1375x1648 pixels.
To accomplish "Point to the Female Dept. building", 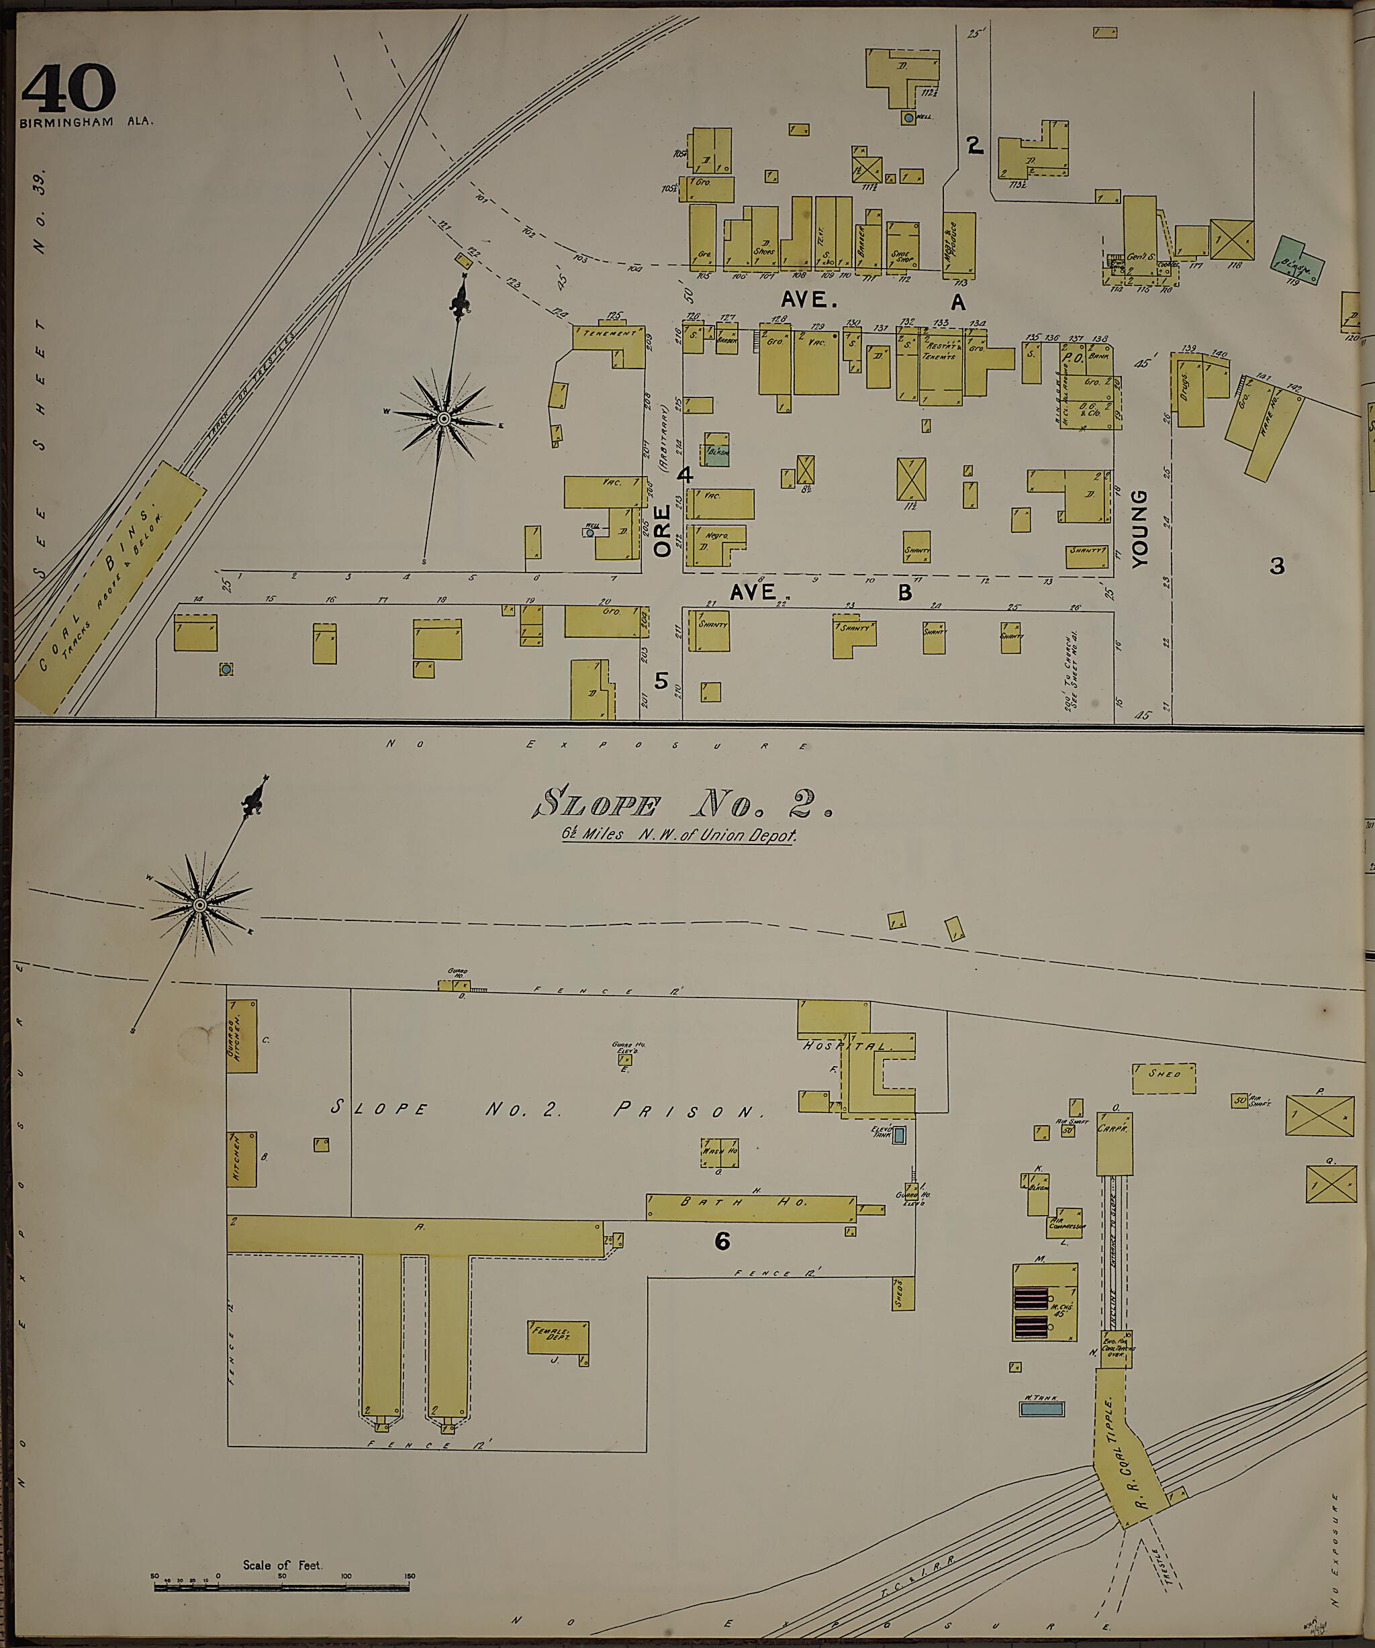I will tap(558, 1337).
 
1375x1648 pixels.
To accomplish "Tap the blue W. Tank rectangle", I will tap(1041, 1408).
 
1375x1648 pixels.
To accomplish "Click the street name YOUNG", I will tap(1140, 528).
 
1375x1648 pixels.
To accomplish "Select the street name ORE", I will tap(663, 531).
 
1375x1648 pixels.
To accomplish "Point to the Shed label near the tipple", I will tap(1165, 1073).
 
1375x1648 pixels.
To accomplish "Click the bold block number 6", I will tap(722, 1241).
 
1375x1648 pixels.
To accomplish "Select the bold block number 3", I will tap(1277, 565).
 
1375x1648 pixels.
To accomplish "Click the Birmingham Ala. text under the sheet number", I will tap(87, 122).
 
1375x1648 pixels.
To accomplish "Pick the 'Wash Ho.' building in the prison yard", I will tap(719, 1151).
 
